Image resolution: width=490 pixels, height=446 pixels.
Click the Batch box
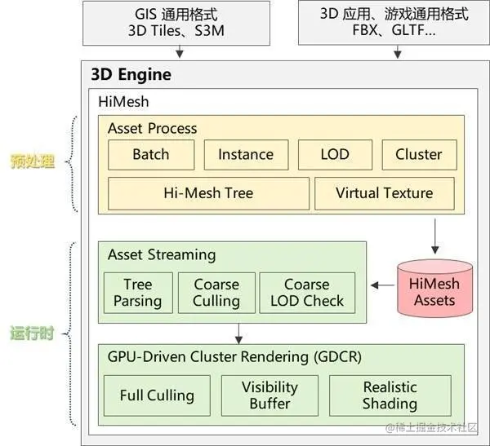click(x=150, y=155)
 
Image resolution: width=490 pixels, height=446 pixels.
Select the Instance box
click(x=246, y=155)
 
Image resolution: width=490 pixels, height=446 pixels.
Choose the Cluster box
click(x=418, y=155)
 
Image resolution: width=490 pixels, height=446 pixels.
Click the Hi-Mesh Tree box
click(x=208, y=193)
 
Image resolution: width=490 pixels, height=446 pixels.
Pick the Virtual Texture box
click(x=384, y=193)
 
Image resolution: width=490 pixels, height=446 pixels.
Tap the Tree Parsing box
click(x=138, y=293)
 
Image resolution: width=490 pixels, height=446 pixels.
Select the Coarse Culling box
click(x=216, y=293)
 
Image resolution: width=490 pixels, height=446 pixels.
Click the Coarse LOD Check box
click(x=307, y=293)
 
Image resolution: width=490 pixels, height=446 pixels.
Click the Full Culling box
click(x=157, y=396)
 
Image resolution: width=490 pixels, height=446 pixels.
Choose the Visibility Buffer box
click(x=269, y=396)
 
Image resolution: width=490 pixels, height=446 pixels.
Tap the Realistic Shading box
click(x=390, y=396)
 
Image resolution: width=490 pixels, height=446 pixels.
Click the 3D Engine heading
click(x=131, y=75)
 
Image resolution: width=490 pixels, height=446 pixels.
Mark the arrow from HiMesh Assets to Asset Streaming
click(x=381, y=285)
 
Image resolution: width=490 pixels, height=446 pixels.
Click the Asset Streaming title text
click(x=162, y=254)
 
